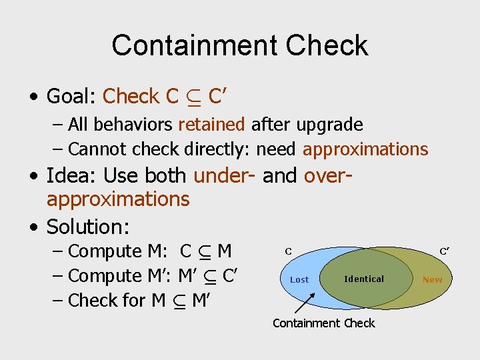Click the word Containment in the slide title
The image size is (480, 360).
(x=193, y=45)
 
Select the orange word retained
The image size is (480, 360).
(x=212, y=125)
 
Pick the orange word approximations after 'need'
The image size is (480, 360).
(x=365, y=149)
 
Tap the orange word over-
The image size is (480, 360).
(x=327, y=176)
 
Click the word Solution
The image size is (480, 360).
(x=87, y=227)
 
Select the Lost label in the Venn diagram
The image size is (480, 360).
(x=299, y=279)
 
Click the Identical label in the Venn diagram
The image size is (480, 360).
(x=364, y=279)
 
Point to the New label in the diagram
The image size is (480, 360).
(x=432, y=279)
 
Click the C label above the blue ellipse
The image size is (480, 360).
(x=289, y=251)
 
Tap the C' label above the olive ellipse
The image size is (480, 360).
(x=444, y=251)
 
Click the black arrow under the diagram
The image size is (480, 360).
(x=304, y=303)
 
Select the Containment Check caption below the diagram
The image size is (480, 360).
(x=324, y=323)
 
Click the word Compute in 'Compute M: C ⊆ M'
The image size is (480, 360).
(x=105, y=251)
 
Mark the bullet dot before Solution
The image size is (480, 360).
(x=34, y=227)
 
